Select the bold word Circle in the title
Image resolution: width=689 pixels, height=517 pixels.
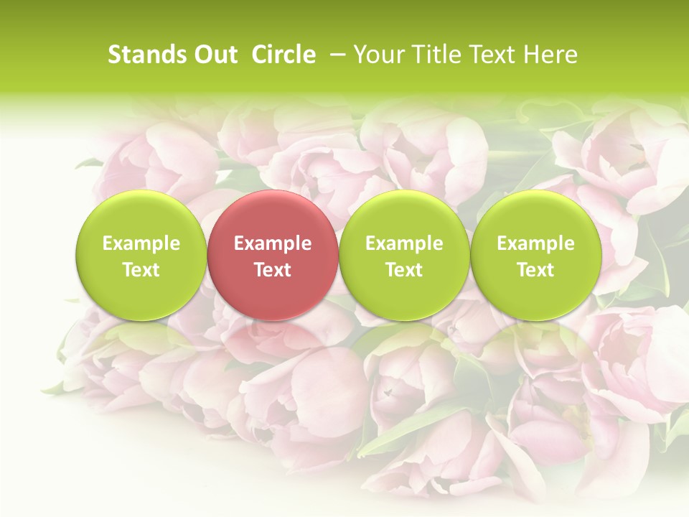[283, 55]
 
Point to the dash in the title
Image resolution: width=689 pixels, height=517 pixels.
[337, 55]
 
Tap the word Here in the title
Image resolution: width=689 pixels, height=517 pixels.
[550, 55]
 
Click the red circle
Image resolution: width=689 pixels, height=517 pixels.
[272, 255]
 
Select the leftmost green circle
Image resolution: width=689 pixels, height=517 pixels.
[141, 255]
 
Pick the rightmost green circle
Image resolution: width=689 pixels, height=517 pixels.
[535, 255]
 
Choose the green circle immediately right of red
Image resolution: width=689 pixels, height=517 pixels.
[404, 255]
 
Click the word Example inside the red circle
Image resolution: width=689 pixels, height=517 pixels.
[272, 243]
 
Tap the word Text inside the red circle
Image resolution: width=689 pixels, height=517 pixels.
[272, 270]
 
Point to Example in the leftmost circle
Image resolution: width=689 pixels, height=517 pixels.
[141, 243]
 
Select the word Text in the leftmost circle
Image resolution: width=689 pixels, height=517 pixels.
[141, 270]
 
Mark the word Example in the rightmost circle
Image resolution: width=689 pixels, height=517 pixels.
[535, 243]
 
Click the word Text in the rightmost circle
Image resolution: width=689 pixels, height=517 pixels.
[535, 270]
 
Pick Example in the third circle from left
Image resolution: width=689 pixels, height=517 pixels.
[404, 243]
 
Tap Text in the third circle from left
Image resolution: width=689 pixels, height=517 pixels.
[404, 270]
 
